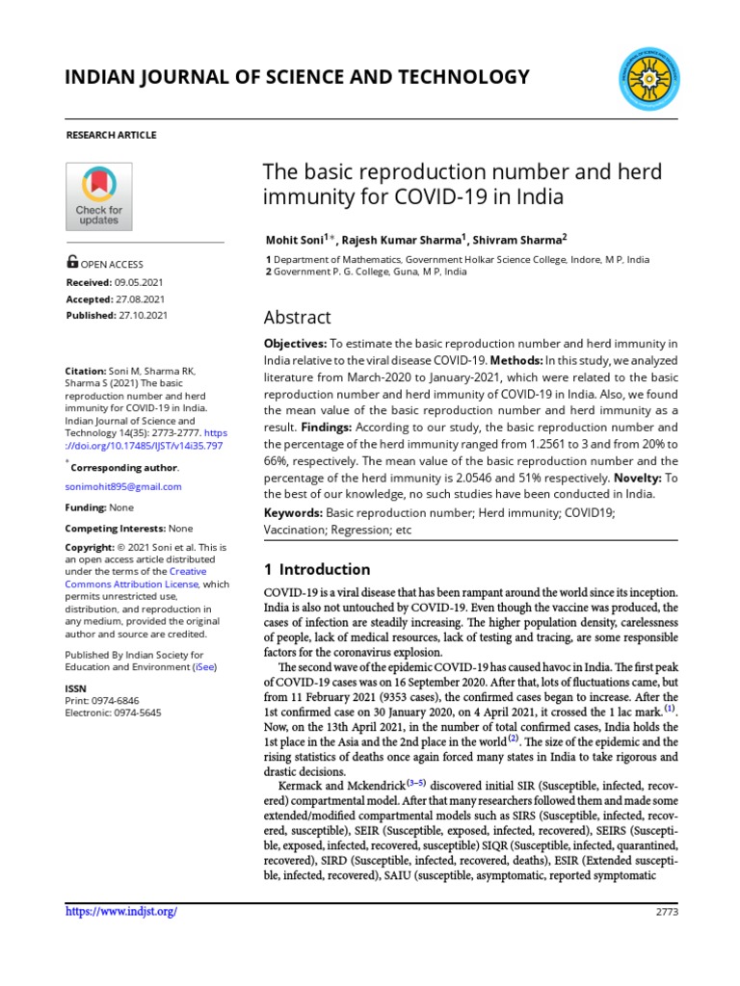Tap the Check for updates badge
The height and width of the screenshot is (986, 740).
(x=98, y=195)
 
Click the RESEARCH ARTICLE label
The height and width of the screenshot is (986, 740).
(x=111, y=135)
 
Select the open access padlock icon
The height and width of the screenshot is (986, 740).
(x=72, y=262)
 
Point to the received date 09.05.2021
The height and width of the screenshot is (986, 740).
(x=141, y=281)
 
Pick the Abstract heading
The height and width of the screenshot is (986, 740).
(x=297, y=318)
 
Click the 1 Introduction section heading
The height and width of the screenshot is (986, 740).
(x=317, y=569)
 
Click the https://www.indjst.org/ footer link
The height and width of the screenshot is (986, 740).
(x=120, y=912)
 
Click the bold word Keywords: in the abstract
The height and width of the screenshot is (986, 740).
(x=294, y=513)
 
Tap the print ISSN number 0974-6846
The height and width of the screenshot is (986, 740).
(x=120, y=701)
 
